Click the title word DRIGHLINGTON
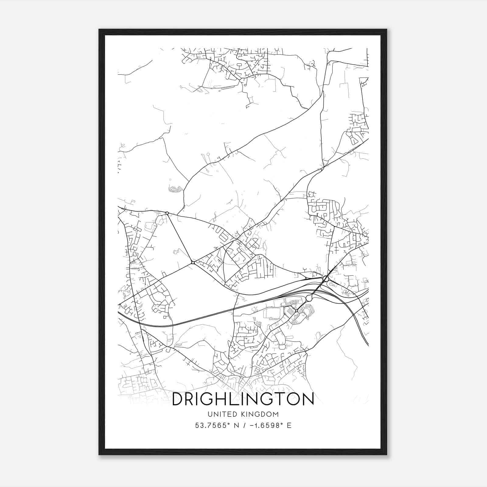[x=243, y=399]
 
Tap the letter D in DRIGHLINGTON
[x=178, y=399]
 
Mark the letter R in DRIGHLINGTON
[x=191, y=399]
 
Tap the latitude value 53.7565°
[x=211, y=426]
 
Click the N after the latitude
[x=235, y=426]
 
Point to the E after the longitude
[x=289, y=426]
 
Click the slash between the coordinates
[x=243, y=426]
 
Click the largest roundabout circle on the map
[x=309, y=298]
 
